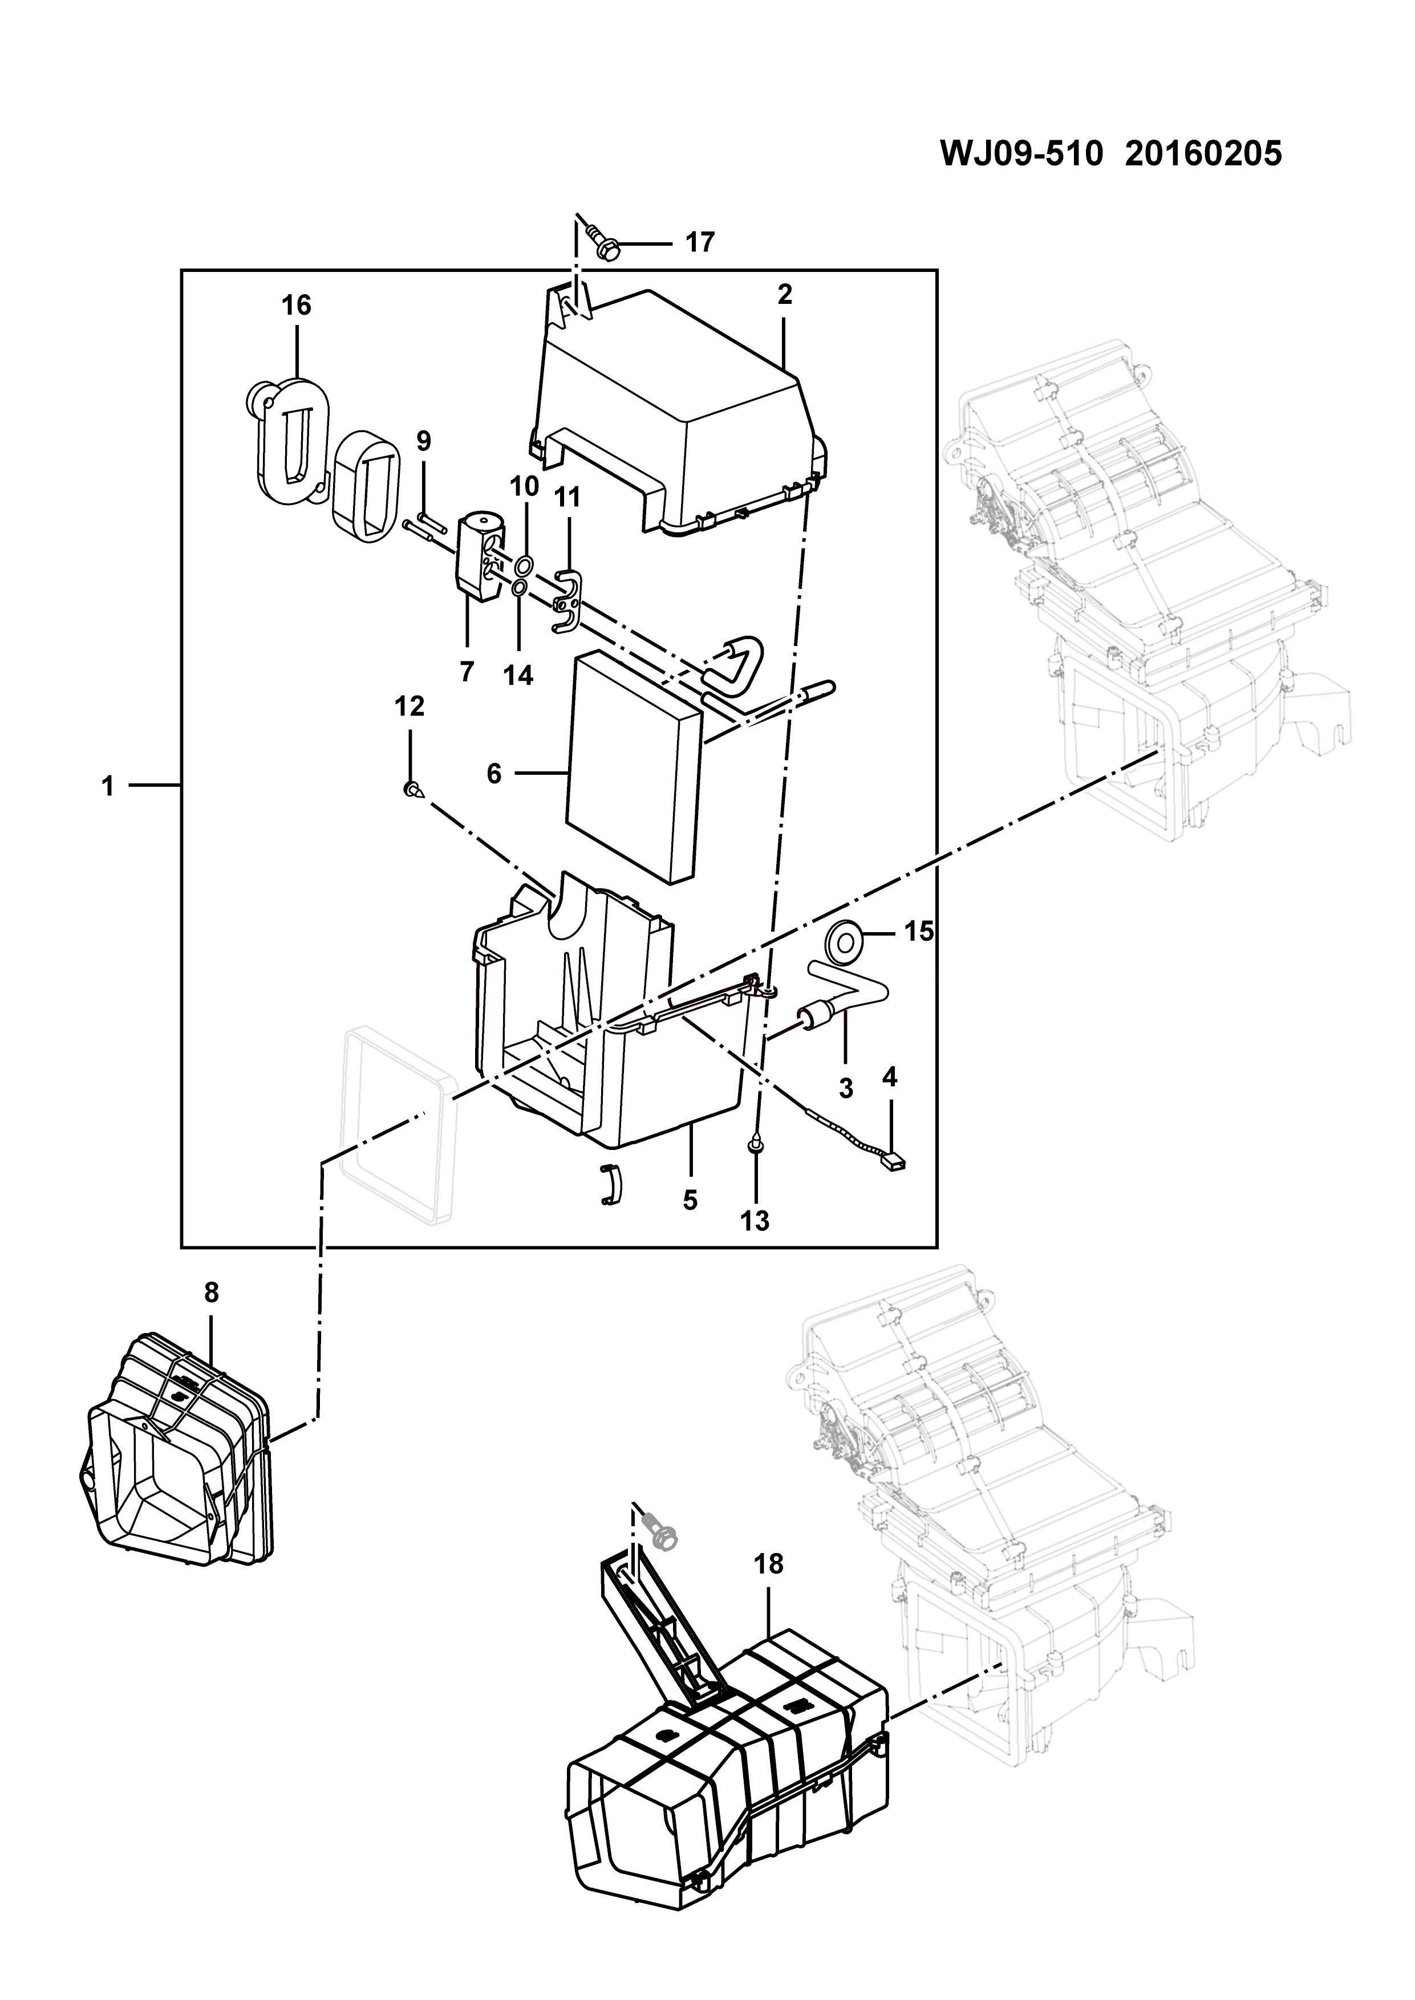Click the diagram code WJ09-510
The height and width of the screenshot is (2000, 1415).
1022,153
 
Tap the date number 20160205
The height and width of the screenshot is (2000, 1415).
1203,153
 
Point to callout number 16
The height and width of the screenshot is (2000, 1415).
296,305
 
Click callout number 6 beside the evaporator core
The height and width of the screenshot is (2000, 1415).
494,773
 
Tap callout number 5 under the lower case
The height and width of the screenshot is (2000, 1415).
690,1200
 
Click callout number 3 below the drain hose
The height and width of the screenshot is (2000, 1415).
845,1087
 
